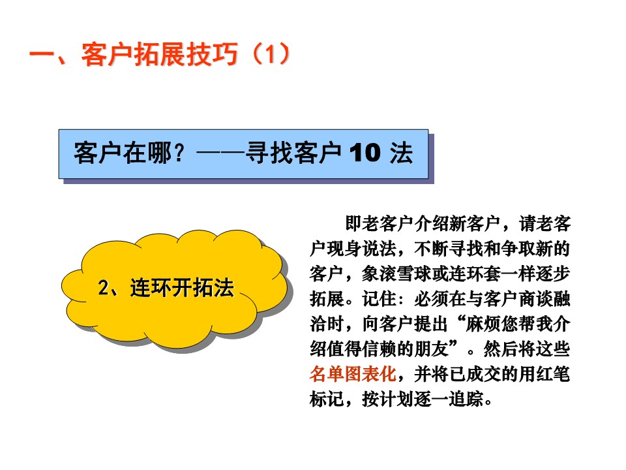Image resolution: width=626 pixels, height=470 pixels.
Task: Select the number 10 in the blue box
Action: tap(365, 153)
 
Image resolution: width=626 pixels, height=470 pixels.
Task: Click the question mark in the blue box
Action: tap(179, 153)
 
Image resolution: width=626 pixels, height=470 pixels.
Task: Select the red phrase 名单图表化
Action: tap(353, 374)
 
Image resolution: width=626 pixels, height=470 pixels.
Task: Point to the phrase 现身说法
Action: tap(362, 249)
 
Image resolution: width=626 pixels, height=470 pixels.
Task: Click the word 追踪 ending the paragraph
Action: tap(466, 399)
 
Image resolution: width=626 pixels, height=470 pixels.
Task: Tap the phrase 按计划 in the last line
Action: tap(387, 399)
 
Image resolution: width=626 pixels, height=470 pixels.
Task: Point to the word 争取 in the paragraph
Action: tap(518, 249)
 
